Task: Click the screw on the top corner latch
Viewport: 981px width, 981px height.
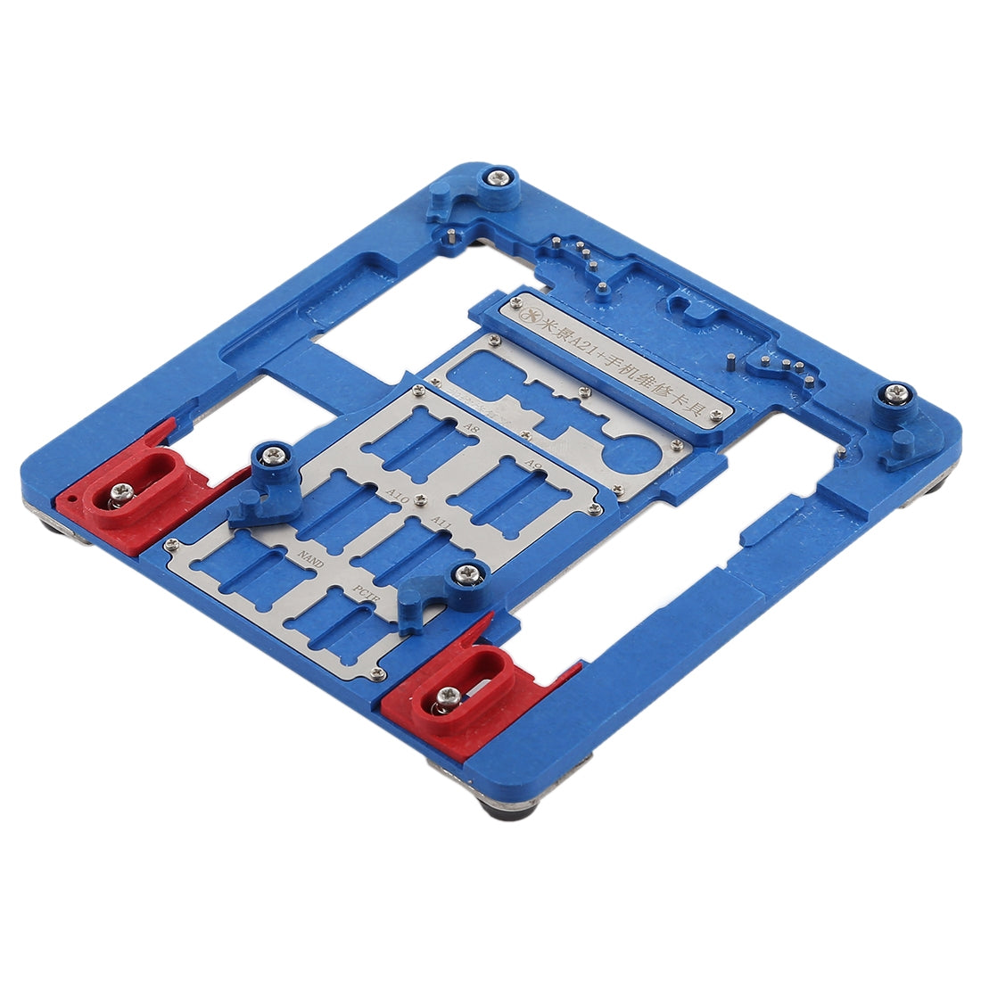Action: tap(499, 178)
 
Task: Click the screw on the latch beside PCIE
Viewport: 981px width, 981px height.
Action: tap(465, 575)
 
